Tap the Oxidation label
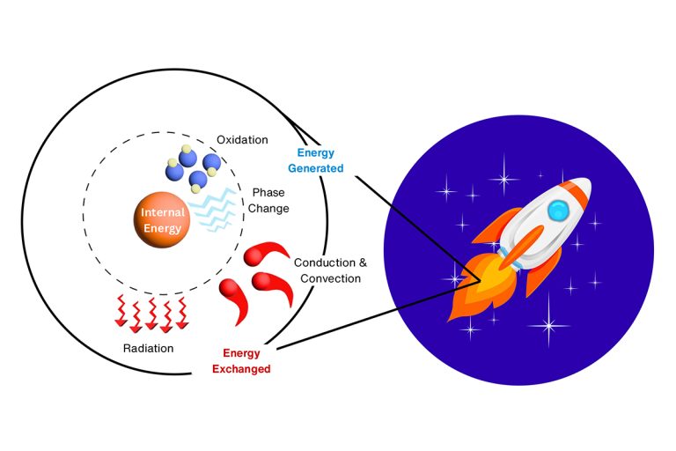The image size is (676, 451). point(242,140)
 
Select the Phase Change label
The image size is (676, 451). point(268,200)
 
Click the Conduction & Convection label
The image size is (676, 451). point(327,270)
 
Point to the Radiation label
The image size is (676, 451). point(148,348)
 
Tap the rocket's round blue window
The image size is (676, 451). point(559,210)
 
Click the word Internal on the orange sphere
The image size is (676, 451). point(160,212)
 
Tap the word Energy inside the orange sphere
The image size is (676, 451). point(160,228)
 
